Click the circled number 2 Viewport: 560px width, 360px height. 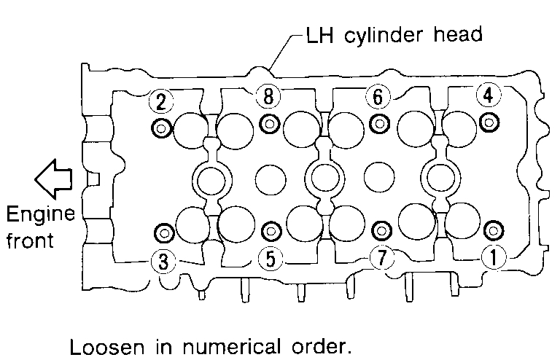[x=160, y=101]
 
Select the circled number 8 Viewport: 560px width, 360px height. [x=268, y=96]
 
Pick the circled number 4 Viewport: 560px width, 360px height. [x=487, y=95]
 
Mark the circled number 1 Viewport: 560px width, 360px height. [x=494, y=257]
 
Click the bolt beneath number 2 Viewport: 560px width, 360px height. [x=160, y=128]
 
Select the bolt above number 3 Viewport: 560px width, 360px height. [x=163, y=233]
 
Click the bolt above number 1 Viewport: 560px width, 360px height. [x=494, y=230]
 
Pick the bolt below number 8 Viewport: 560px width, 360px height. [x=270, y=123]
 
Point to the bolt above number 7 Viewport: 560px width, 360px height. [x=380, y=231]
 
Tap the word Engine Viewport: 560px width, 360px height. [x=40, y=216]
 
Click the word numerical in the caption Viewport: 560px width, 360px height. [x=236, y=343]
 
